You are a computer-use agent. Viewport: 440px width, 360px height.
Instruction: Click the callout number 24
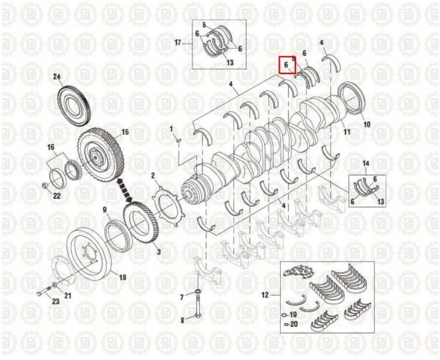point(57,77)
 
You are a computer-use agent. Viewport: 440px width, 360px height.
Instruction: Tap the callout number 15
point(125,132)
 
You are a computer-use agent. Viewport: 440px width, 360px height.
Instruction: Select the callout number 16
point(51,147)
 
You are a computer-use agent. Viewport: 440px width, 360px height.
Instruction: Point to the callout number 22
point(57,196)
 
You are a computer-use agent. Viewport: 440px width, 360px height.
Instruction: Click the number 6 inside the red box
point(286,65)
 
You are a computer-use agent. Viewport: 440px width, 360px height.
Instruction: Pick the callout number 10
point(367,124)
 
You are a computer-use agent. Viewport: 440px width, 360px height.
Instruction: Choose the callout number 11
point(347,131)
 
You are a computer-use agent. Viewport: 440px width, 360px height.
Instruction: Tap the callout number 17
point(178,43)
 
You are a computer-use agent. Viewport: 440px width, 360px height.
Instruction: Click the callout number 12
point(265,295)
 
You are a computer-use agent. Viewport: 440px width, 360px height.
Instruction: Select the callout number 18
point(122,277)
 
